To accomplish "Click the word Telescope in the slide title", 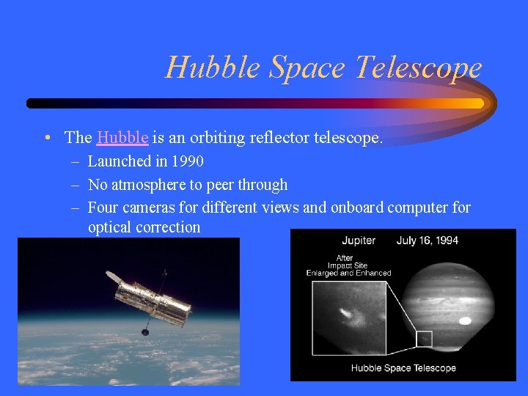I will coord(419,67).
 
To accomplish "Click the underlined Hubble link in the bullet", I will coord(122,137).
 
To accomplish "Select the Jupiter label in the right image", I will coord(359,241).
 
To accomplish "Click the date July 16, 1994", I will coord(428,241).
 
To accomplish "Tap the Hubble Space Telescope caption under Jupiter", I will coord(403,368).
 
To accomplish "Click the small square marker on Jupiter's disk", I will coord(424,339).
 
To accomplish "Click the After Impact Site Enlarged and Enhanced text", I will coord(348,265).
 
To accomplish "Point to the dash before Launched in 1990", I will coord(76,161).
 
